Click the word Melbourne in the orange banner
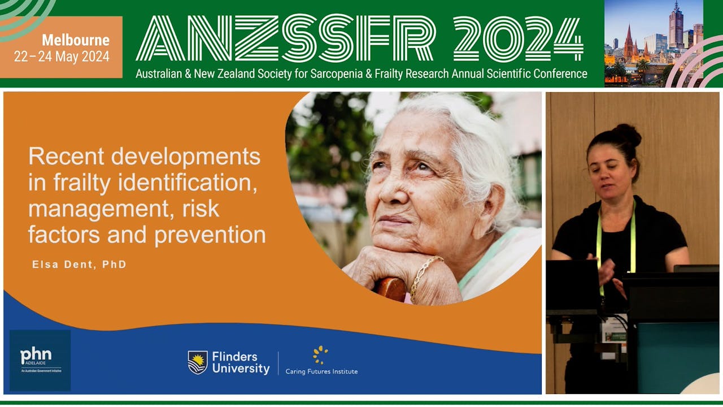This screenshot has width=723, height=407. click(x=75, y=41)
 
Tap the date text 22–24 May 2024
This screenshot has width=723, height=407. click(x=62, y=57)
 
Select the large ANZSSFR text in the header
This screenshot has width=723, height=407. click(x=286, y=40)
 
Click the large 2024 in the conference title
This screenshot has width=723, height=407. click(x=518, y=40)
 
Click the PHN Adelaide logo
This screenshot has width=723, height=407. click(x=40, y=360)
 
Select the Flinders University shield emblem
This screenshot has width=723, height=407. click(x=197, y=362)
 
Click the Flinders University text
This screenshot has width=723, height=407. click(x=241, y=362)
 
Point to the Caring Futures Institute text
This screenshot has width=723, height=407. click(x=321, y=371)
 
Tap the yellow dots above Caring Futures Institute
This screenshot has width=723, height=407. click(x=320, y=354)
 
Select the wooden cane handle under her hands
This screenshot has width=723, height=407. click(x=390, y=289)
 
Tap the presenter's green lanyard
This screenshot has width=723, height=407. click(x=599, y=243)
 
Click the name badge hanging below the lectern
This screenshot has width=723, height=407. click(x=614, y=330)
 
